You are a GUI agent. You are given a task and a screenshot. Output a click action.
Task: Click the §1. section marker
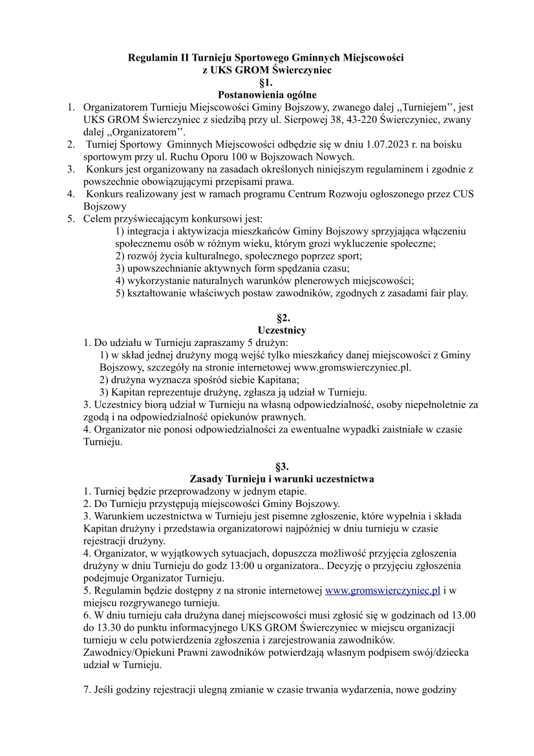266,82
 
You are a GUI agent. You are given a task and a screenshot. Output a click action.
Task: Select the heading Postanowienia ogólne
266,94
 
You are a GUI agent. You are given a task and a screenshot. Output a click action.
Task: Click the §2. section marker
266,318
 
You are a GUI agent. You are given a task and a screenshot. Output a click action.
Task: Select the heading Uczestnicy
266,330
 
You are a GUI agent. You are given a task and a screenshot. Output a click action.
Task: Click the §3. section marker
266,466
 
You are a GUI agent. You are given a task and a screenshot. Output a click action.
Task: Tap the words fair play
449,293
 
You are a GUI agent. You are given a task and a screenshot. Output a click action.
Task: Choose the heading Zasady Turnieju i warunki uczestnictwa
281,479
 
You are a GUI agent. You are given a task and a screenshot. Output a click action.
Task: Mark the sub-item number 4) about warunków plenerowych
120,280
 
